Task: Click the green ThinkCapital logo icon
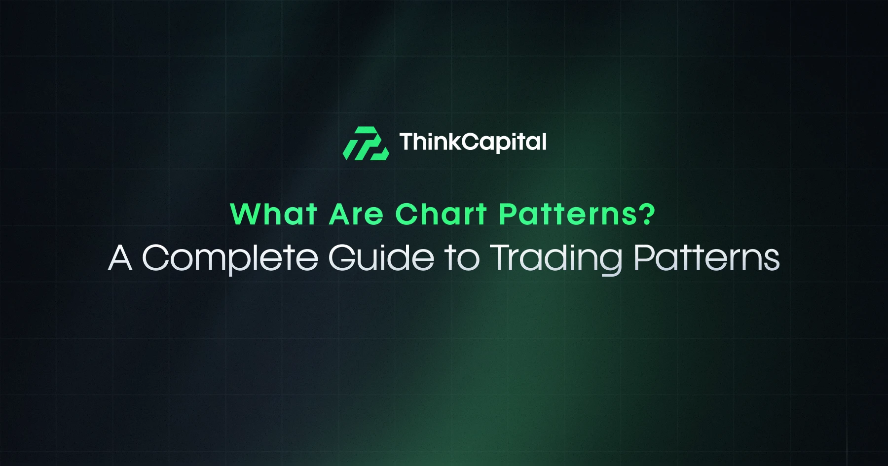(366, 143)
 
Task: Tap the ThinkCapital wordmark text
(473, 142)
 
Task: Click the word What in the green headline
(274, 214)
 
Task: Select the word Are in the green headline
(356, 215)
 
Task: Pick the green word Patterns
(568, 214)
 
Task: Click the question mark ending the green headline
(647, 214)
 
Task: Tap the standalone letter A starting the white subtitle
(120, 258)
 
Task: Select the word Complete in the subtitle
(230, 258)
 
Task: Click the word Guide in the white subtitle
(381, 257)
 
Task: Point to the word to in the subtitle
(462, 259)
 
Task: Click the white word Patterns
(706, 258)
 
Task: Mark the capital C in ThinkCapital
(471, 142)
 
